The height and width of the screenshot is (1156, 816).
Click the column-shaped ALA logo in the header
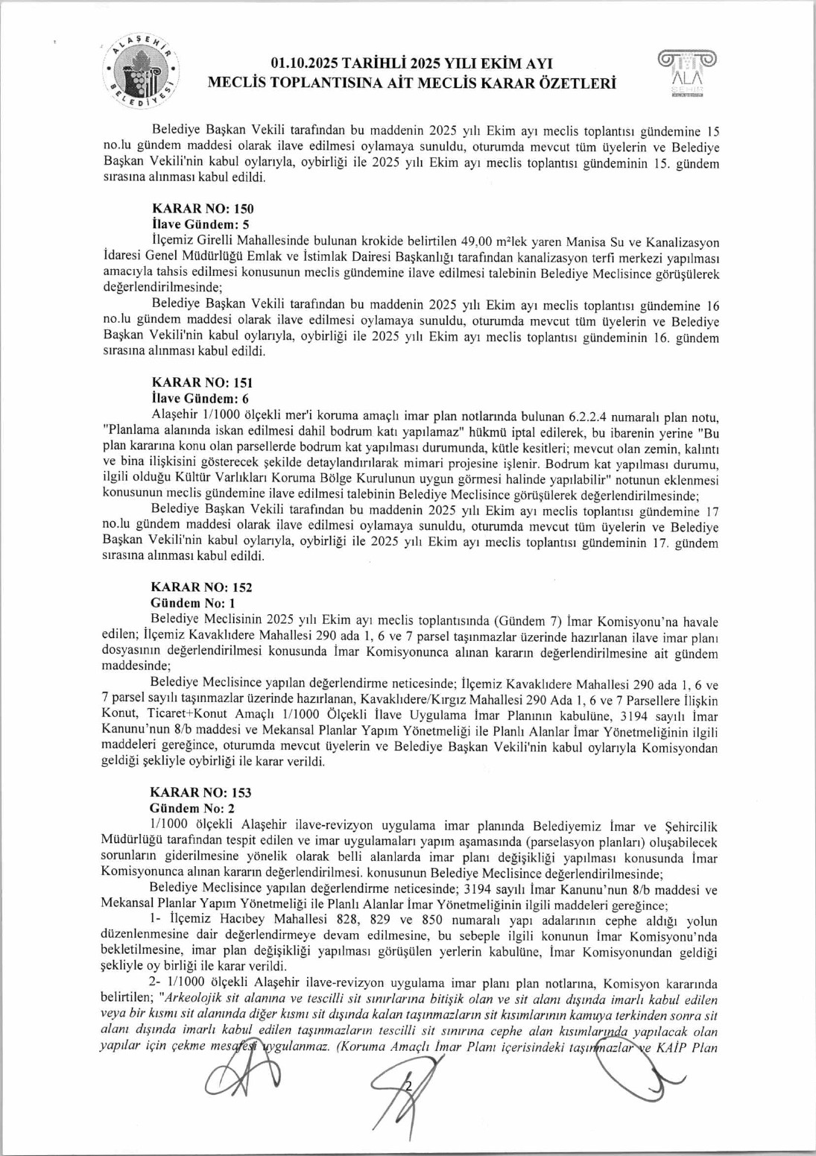click(x=686, y=73)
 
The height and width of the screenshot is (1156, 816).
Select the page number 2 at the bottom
click(x=408, y=1086)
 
